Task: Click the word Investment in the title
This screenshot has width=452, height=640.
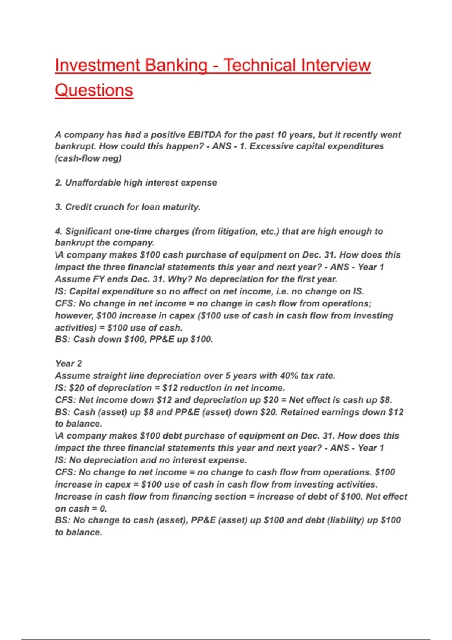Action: click(98, 65)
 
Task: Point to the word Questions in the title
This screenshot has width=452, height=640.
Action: click(94, 90)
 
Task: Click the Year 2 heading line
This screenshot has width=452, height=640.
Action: click(68, 363)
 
